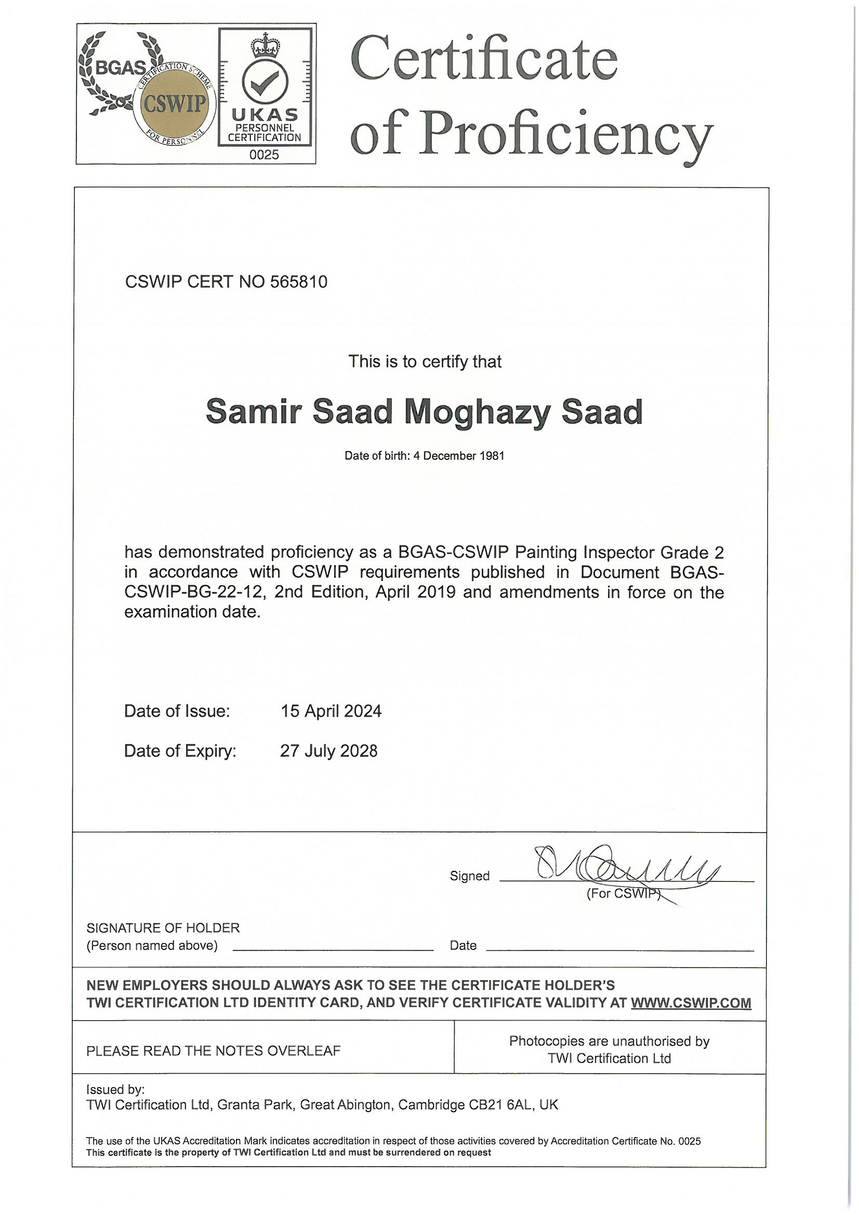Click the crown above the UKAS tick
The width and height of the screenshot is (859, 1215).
pyautogui.click(x=265, y=45)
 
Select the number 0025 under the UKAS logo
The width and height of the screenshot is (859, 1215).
pyautogui.click(x=264, y=155)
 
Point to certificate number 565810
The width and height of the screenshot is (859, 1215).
pyautogui.click(x=298, y=282)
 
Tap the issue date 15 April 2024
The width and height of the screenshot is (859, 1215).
pyautogui.click(x=331, y=711)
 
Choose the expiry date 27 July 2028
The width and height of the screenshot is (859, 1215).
pyautogui.click(x=328, y=751)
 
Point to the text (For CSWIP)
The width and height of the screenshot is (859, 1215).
pyautogui.click(x=624, y=894)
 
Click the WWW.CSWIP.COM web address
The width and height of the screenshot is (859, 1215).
pyautogui.click(x=691, y=1003)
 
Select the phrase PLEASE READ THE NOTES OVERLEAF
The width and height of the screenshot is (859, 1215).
pyautogui.click(x=213, y=1050)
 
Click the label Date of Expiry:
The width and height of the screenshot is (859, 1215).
pyautogui.click(x=180, y=751)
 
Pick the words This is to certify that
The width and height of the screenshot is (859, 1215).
pyautogui.click(x=425, y=362)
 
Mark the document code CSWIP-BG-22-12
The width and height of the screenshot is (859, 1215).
pyautogui.click(x=194, y=592)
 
